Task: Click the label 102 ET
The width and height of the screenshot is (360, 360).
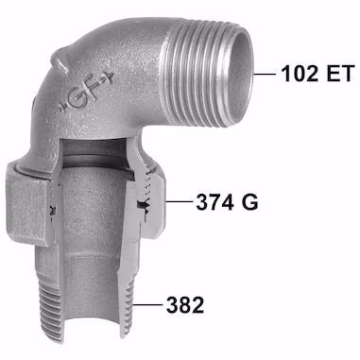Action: click(x=317, y=74)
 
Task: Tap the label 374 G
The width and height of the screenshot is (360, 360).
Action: click(x=227, y=201)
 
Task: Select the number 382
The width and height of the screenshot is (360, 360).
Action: click(x=185, y=305)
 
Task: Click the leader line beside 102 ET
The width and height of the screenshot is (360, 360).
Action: click(x=265, y=75)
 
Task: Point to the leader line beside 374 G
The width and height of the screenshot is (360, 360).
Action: click(x=179, y=201)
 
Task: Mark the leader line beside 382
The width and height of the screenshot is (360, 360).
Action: click(x=147, y=305)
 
